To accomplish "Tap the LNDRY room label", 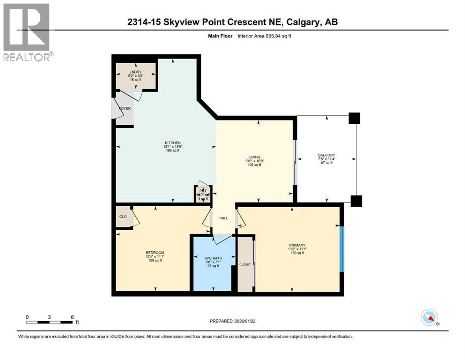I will (x=135, y=72).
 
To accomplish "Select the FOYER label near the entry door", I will (x=125, y=108).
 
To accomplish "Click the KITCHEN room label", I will (x=172, y=142).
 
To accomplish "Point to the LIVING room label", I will (x=255, y=157).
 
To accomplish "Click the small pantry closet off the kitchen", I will (x=203, y=194).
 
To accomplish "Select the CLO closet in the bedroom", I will (x=123, y=217).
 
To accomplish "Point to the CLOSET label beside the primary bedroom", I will (x=245, y=264).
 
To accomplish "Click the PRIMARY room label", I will (x=297, y=245).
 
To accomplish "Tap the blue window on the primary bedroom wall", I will (x=342, y=248).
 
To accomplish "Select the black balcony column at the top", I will (x=354, y=118).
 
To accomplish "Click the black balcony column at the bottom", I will (x=356, y=201).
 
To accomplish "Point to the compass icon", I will (x=429, y=318).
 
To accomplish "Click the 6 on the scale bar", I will (x=72, y=317).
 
